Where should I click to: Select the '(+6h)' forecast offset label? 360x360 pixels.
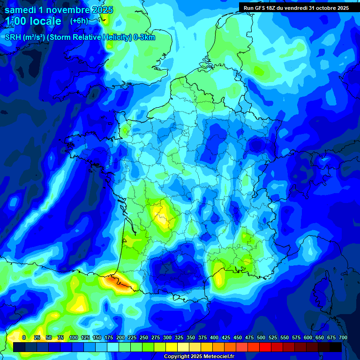[x=79, y=21]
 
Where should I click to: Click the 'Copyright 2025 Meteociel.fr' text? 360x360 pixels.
[x=199, y=357]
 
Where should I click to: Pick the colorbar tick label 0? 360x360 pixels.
[x=24, y=337]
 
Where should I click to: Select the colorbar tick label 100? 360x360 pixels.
[x=74, y=337]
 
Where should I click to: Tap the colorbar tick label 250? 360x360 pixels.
[x=144, y=337]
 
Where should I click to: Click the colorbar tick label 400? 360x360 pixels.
[x=214, y=337]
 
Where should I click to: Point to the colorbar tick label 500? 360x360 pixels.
[x=261, y=337]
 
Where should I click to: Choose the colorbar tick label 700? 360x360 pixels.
[x=343, y=337]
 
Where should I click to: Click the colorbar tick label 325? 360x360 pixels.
[x=179, y=337]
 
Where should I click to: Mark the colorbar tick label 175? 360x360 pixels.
[x=109, y=337]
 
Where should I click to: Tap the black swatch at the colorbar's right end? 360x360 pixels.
[x=336, y=347]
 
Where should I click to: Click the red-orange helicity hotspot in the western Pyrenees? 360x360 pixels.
[x=117, y=283]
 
